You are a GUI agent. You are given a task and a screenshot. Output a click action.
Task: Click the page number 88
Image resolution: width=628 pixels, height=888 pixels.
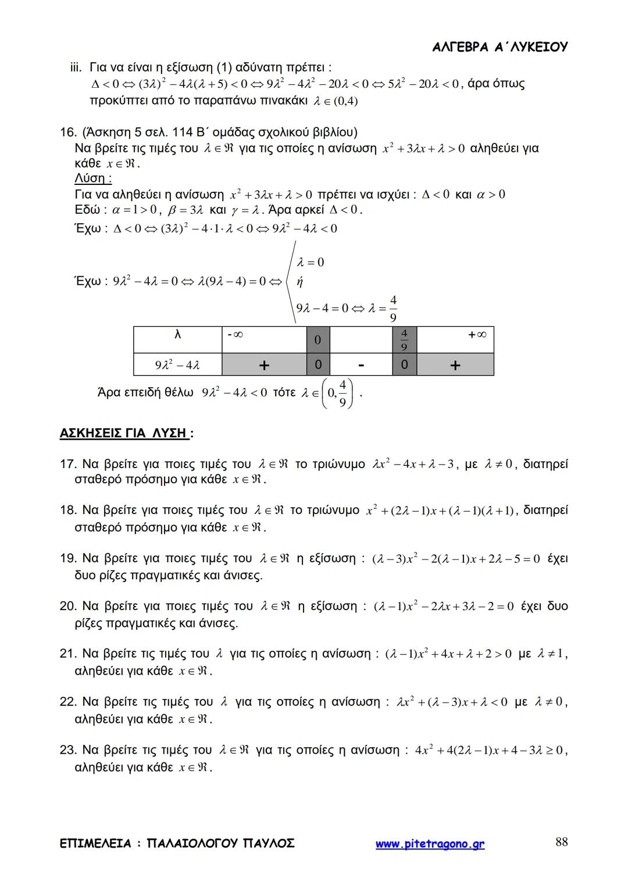click(561, 842)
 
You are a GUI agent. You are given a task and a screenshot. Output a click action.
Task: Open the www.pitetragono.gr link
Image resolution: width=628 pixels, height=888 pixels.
click(430, 844)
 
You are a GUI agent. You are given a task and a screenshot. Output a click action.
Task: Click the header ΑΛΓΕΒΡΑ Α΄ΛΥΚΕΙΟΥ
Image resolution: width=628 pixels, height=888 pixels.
click(500, 47)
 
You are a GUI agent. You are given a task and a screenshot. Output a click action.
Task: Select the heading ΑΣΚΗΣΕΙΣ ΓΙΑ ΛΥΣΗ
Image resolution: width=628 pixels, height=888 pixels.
click(124, 433)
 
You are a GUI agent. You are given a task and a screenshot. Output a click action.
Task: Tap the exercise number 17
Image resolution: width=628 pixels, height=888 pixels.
click(68, 464)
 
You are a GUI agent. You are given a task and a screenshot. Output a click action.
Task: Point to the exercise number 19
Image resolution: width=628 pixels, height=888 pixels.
click(68, 559)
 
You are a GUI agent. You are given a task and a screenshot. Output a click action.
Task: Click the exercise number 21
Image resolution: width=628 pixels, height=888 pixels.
click(68, 654)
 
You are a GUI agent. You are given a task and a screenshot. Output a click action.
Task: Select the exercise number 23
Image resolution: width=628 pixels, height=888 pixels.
click(68, 750)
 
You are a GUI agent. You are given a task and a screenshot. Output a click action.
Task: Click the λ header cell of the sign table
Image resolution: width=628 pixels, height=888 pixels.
click(178, 335)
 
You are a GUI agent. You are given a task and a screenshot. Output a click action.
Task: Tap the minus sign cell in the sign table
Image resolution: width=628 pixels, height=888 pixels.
click(361, 365)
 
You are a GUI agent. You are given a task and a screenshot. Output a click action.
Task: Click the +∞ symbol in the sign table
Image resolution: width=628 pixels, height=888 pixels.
click(477, 335)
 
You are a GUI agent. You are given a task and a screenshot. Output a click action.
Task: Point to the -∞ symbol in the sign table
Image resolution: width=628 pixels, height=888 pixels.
click(235, 335)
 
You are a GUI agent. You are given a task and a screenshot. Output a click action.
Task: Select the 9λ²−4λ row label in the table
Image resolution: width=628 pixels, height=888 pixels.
click(177, 365)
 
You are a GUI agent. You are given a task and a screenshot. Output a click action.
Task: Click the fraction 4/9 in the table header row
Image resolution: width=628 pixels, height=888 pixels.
click(405, 340)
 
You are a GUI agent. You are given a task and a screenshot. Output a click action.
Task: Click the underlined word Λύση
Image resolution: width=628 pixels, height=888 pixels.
click(93, 179)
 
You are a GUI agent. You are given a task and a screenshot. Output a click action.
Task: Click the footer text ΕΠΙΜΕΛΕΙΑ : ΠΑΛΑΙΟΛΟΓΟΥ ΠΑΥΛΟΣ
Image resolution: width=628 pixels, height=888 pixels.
click(177, 843)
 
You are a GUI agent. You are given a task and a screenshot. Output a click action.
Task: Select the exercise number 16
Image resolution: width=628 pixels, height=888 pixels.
click(67, 133)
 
